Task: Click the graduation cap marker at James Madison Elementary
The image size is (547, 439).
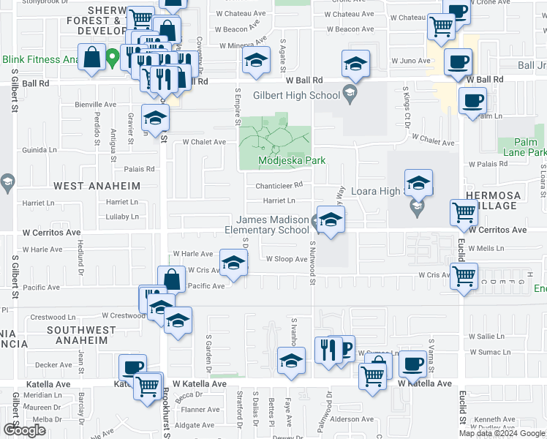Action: (x=331, y=220)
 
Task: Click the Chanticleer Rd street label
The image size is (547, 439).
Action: (x=279, y=185)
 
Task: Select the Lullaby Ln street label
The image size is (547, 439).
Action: (x=121, y=217)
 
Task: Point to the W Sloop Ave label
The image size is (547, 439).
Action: (x=286, y=259)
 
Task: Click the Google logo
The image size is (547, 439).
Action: (x=24, y=430)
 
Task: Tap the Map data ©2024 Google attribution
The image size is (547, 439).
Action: (x=501, y=433)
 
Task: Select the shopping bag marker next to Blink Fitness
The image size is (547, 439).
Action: (x=94, y=58)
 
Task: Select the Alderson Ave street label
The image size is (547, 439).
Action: (x=352, y=420)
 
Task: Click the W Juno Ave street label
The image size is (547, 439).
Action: (x=408, y=61)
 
